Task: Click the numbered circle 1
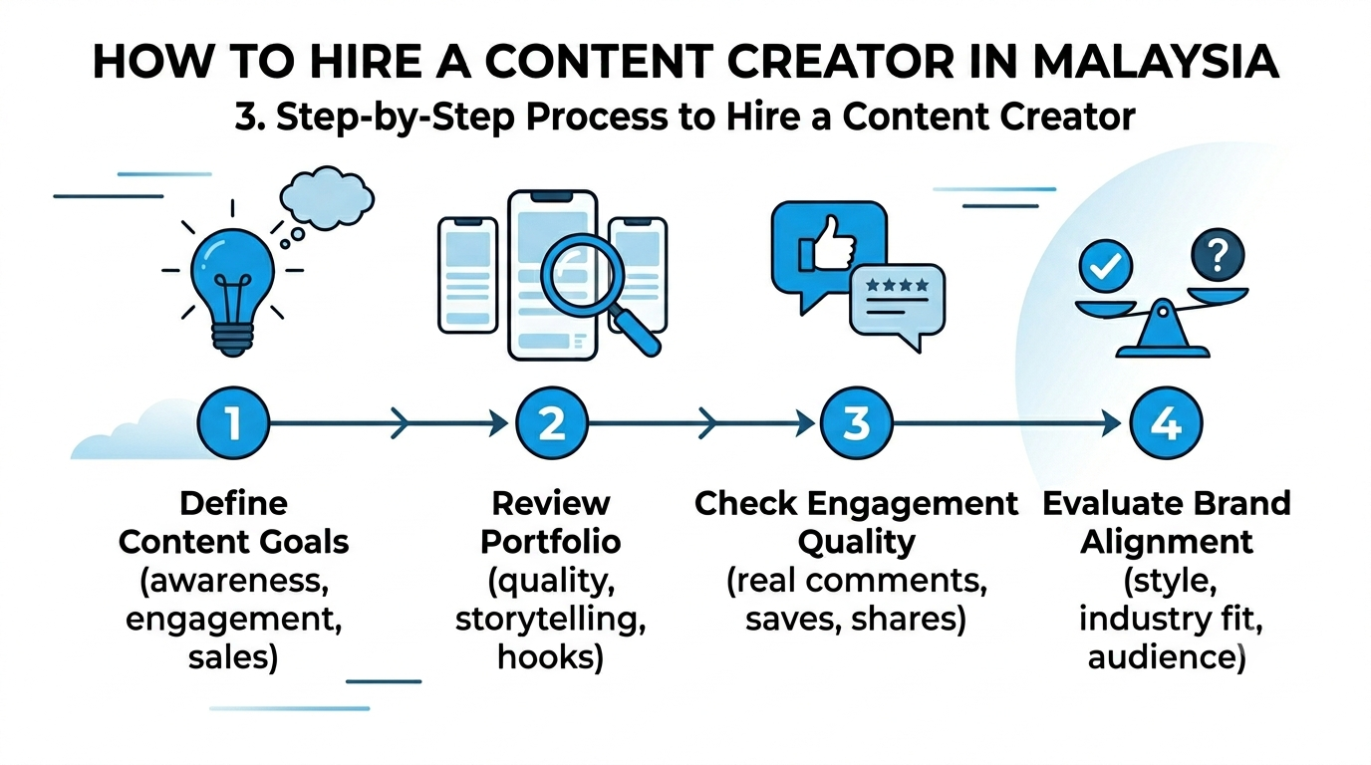[233, 423]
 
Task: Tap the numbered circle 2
[551, 423]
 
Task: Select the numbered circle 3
[856, 423]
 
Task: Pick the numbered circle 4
[1166, 423]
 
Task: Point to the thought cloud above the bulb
[327, 197]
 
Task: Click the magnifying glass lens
[582, 275]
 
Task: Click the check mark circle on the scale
[1105, 266]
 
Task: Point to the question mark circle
[1218, 255]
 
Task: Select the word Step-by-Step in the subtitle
[396, 118]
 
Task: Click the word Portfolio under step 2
[551, 542]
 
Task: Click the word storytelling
[551, 620]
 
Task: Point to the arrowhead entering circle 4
[1111, 423]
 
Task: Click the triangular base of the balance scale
[1163, 333]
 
